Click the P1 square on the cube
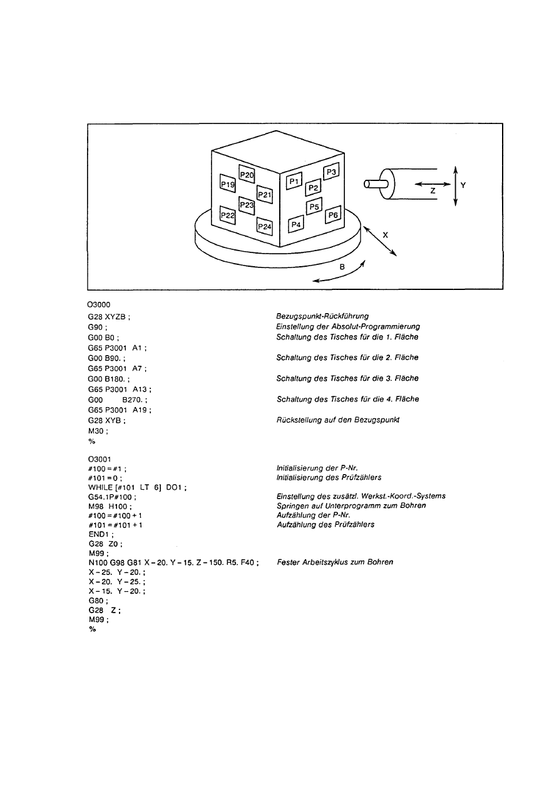point(294,181)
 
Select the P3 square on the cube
point(331,172)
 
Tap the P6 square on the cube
point(333,215)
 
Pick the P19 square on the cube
point(227,184)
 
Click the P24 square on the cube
point(265,225)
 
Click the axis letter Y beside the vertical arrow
point(463,185)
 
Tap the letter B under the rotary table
point(342,266)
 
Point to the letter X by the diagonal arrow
point(386,235)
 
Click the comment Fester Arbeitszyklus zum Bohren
point(335,562)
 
